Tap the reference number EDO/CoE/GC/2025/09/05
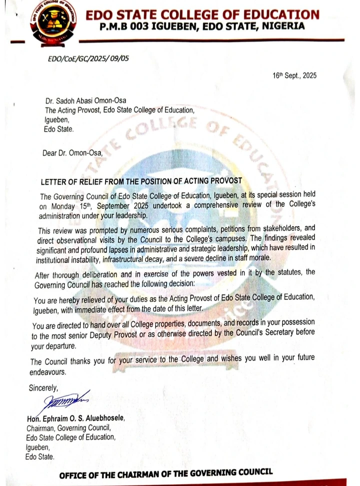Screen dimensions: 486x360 (88, 58)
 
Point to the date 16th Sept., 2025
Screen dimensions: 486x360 (294, 75)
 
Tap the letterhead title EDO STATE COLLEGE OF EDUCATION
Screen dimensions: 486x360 (202, 14)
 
